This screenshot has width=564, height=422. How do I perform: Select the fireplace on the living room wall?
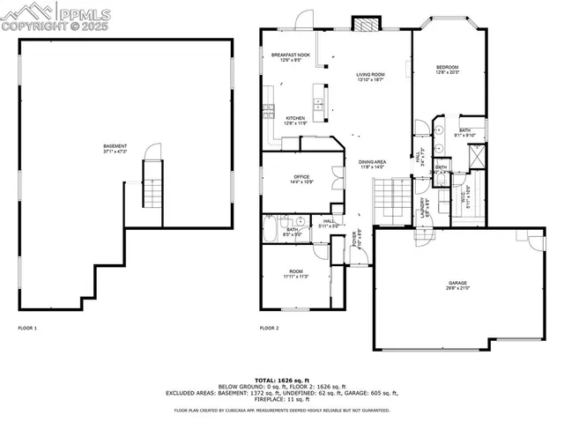tap(363, 24)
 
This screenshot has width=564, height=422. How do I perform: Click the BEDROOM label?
tap(449, 69)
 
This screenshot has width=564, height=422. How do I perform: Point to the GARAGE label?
tap(457, 285)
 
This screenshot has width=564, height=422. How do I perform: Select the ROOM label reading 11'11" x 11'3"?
tap(294, 273)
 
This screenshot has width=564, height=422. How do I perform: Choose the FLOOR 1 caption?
tap(28, 328)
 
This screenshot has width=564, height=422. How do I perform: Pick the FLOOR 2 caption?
tap(269, 328)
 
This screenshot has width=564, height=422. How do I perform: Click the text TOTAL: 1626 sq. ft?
tap(281, 378)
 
